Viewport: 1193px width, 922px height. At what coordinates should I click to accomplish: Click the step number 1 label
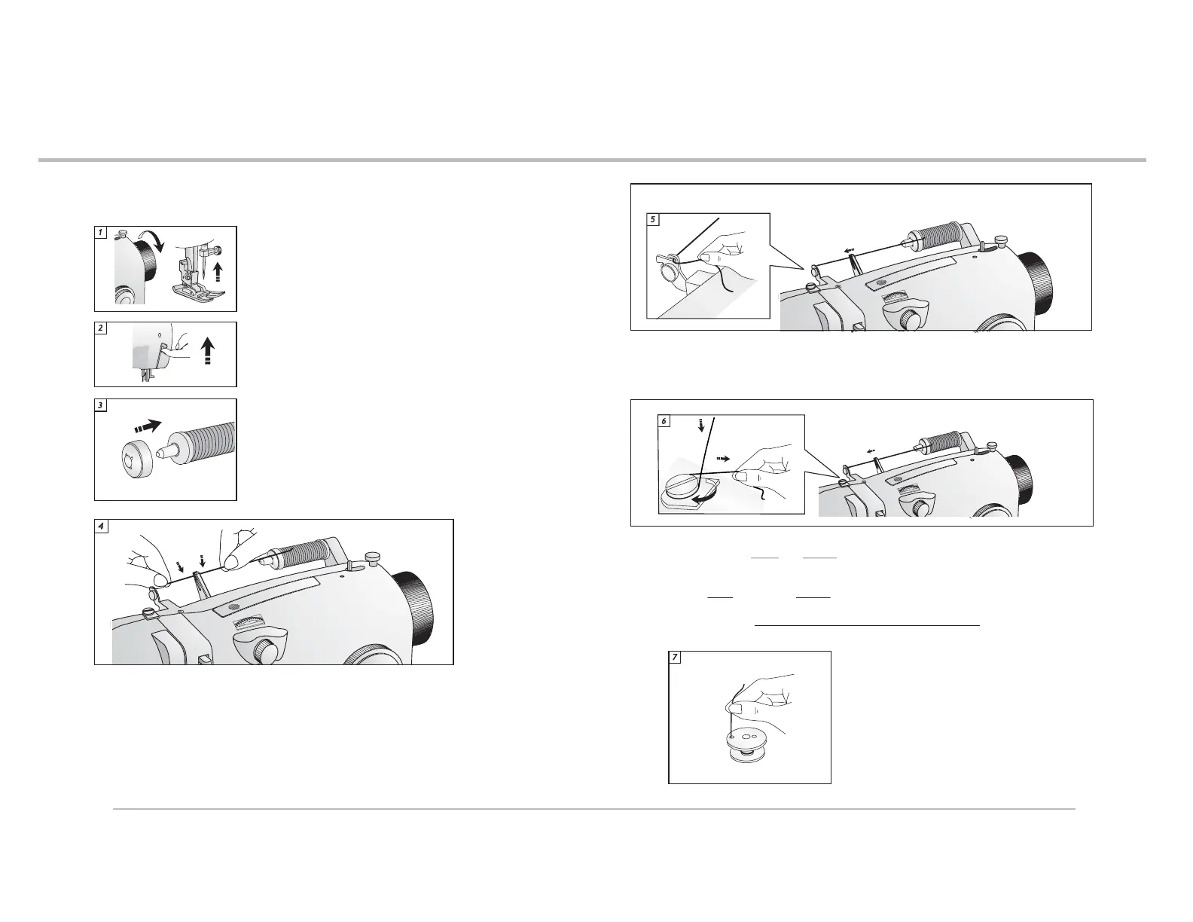point(100,232)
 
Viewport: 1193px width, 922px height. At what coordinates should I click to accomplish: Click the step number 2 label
point(100,328)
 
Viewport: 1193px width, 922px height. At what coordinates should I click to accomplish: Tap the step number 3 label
point(100,405)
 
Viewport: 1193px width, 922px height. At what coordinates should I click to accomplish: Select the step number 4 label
point(101,526)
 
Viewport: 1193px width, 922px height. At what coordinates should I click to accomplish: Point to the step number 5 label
point(653,220)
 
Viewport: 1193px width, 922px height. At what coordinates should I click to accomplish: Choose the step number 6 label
point(664,421)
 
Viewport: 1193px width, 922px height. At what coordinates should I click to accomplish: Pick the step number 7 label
point(675,658)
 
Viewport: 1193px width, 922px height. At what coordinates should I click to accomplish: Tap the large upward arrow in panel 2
point(209,350)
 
